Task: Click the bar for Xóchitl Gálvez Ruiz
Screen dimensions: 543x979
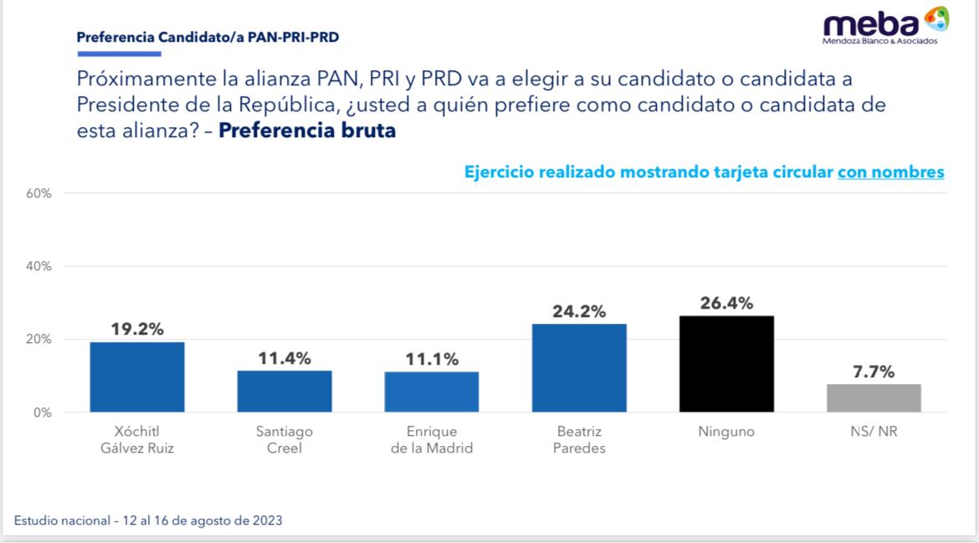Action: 137,377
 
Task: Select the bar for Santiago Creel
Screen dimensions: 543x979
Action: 284,392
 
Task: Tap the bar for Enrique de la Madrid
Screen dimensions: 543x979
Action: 432,392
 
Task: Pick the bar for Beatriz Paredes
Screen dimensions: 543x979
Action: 579,368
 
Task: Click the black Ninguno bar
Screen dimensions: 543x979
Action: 726,364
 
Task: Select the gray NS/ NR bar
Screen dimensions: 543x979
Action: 874,398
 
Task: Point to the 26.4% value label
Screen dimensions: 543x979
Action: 726,302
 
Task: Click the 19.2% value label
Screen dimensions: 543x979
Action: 137,329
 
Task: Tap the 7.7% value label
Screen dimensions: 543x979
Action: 874,371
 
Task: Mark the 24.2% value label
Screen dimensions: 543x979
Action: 579,311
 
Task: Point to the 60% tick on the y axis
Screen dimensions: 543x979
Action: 38,193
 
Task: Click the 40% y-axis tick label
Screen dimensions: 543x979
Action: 38,267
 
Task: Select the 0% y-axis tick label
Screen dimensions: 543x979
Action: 42,412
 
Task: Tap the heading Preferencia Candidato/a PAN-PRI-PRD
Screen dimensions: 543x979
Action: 208,38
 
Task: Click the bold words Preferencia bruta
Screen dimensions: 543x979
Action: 307,131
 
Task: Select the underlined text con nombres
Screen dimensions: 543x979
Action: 891,172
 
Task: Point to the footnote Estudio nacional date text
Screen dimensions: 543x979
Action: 148,520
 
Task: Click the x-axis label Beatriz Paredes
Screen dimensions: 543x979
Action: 579,439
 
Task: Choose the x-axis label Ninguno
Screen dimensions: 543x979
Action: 726,432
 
